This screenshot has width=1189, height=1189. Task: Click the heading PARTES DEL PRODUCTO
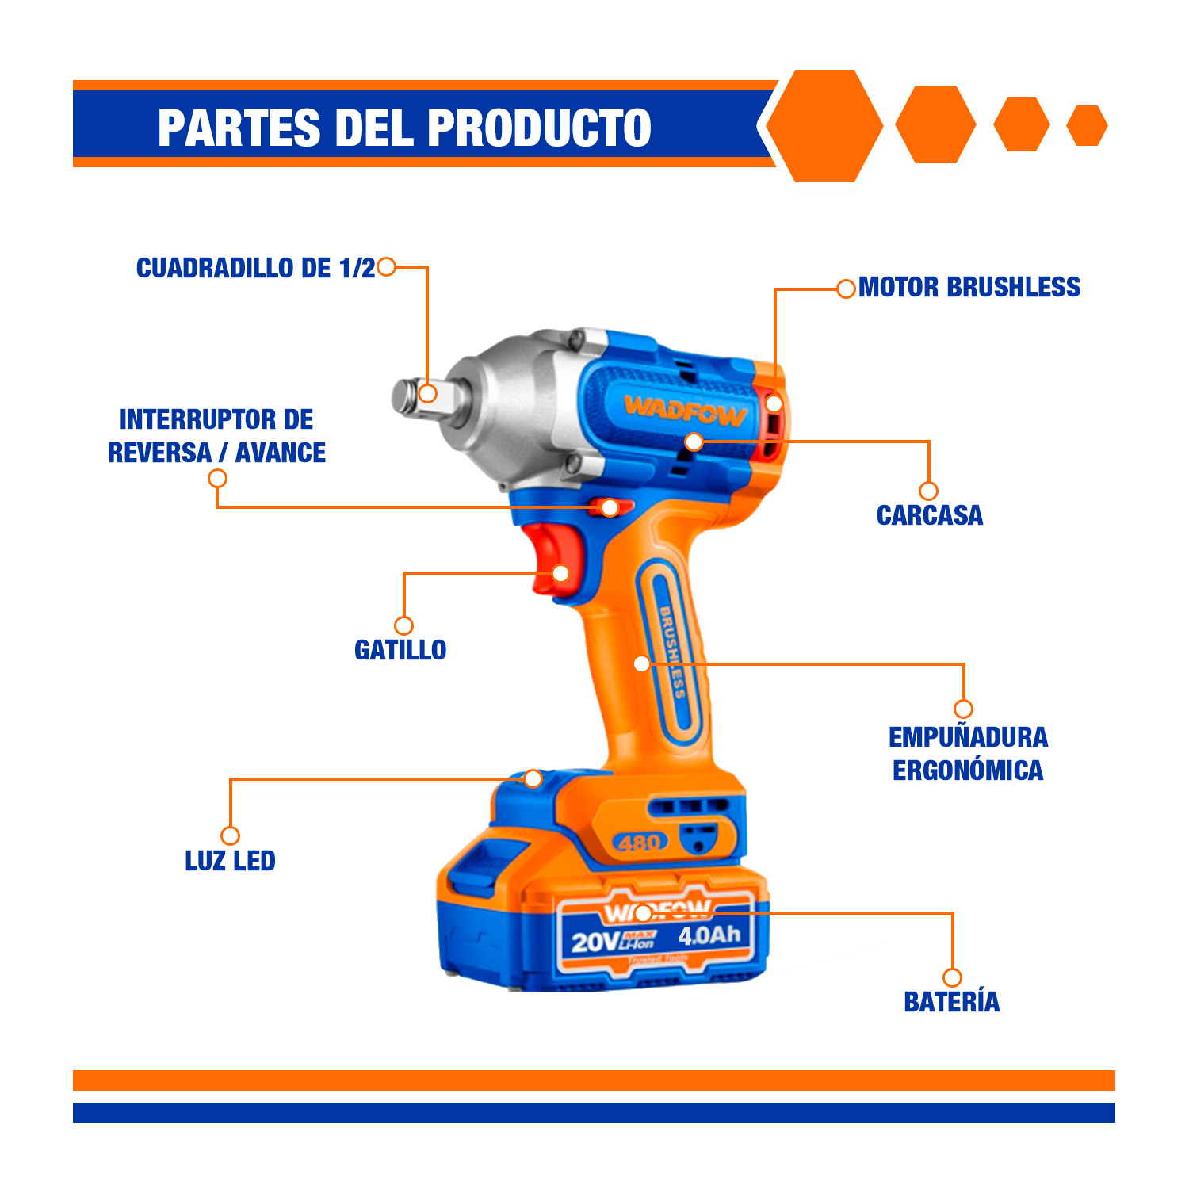click(x=404, y=128)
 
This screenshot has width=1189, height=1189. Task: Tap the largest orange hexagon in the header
click(x=824, y=126)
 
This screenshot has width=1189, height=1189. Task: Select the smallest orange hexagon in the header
click(x=1087, y=125)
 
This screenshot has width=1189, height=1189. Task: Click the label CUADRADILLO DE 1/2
click(x=255, y=268)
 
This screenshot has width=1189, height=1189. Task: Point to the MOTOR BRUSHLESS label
click(x=969, y=287)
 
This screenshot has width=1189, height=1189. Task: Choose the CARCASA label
click(x=930, y=515)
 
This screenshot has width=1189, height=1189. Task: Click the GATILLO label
click(x=400, y=650)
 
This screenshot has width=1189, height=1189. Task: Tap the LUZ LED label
click(x=230, y=861)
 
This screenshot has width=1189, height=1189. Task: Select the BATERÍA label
click(x=952, y=1001)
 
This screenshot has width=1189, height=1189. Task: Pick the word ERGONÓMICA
click(x=968, y=770)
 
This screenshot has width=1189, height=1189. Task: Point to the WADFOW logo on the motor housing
click(x=685, y=411)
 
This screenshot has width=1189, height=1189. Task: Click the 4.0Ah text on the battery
click(x=709, y=935)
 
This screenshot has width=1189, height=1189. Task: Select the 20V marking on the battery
click(x=595, y=942)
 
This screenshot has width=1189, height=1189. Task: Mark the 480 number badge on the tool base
click(x=640, y=842)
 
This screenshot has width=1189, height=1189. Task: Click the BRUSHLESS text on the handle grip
click(x=672, y=652)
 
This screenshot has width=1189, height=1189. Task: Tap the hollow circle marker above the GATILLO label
click(x=404, y=625)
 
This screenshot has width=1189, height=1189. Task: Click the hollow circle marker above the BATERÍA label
click(x=953, y=977)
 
